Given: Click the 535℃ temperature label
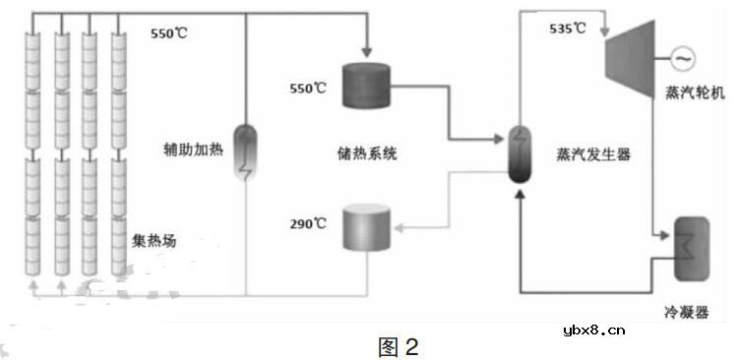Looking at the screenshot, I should tap(567, 30).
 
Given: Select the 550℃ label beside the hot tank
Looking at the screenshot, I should tap(307, 88).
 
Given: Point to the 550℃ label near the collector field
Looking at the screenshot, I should tap(168, 32).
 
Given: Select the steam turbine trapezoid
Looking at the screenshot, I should tap(631, 60).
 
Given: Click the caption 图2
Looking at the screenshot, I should tap(400, 346).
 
